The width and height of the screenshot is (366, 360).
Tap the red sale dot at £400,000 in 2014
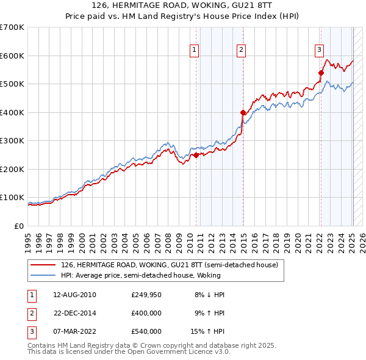coord(243,112)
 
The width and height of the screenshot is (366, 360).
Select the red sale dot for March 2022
coord(321,73)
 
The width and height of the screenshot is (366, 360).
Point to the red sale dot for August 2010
coord(196,155)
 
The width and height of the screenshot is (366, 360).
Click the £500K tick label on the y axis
coord(12,84)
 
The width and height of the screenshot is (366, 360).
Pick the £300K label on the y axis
coord(12,140)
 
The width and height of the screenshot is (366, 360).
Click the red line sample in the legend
coord(42,265)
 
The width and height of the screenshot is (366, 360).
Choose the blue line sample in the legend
coord(42,275)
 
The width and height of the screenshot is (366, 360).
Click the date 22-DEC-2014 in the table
coord(76,313)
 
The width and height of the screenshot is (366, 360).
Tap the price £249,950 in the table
coord(146,295)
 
